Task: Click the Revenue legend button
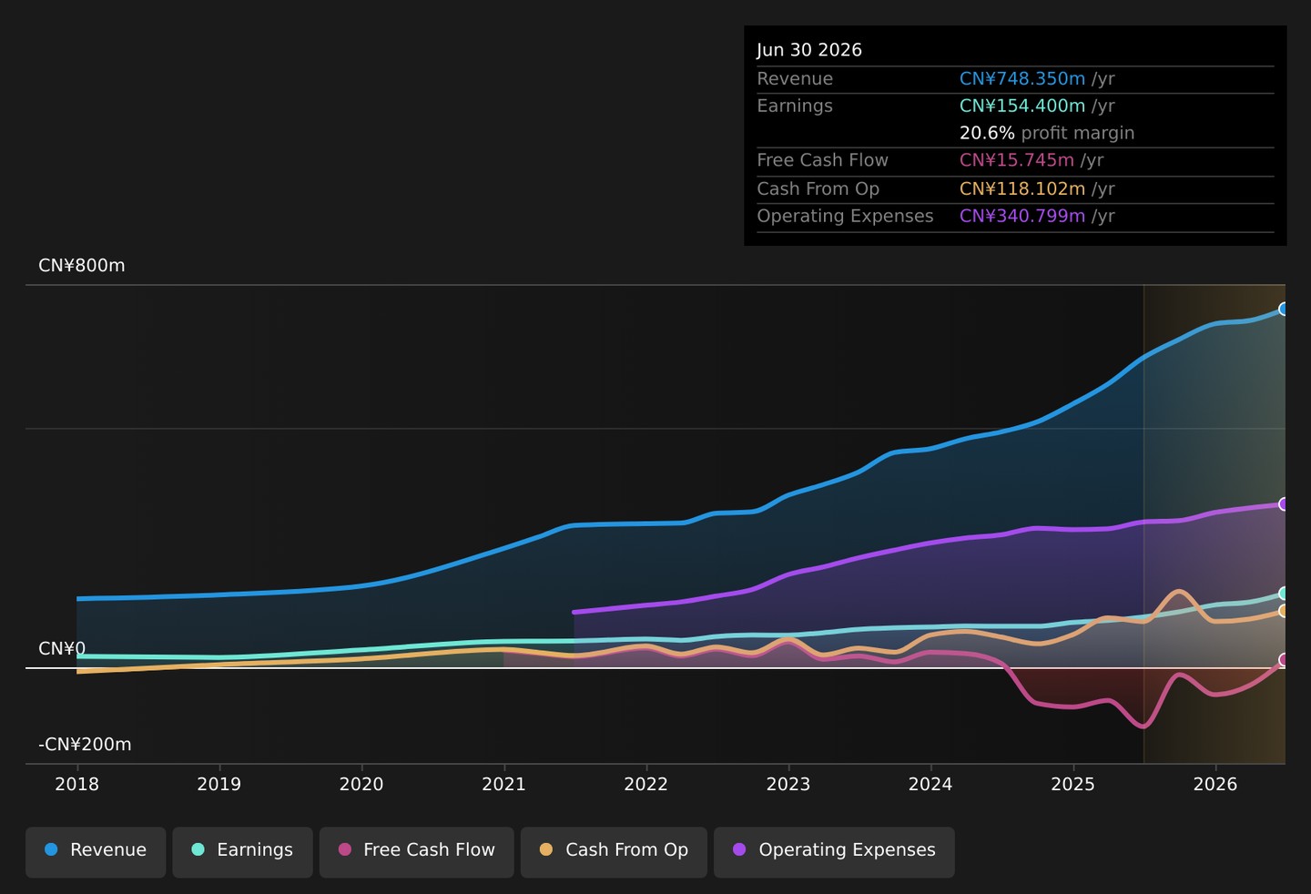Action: pyautogui.click(x=96, y=852)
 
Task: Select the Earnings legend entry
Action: pyautogui.click(x=242, y=852)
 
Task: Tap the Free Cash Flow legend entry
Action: pyautogui.click(x=416, y=852)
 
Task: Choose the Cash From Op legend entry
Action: pyautogui.click(x=614, y=852)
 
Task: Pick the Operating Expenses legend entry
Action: pyautogui.click(x=834, y=852)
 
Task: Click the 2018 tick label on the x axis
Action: pyautogui.click(x=76, y=784)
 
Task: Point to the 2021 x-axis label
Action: pyautogui.click(x=504, y=784)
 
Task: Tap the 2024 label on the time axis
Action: pyautogui.click(x=930, y=784)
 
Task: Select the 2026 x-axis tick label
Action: pyautogui.click(x=1215, y=784)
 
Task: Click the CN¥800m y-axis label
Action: pyautogui.click(x=82, y=266)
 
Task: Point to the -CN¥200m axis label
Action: pyautogui.click(x=86, y=744)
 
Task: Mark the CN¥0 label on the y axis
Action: pyautogui.click(x=62, y=648)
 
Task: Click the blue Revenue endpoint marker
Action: pyautogui.click(x=1283, y=309)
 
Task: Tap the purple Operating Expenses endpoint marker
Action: pyautogui.click(x=1283, y=504)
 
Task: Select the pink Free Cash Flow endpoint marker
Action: pyautogui.click(x=1283, y=660)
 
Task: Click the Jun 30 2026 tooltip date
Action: pyautogui.click(x=809, y=50)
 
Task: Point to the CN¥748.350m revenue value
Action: pyautogui.click(x=1022, y=78)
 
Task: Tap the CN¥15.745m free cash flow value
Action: pyautogui.click(x=1017, y=160)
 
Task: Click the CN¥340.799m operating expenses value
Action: pyautogui.click(x=1022, y=216)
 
